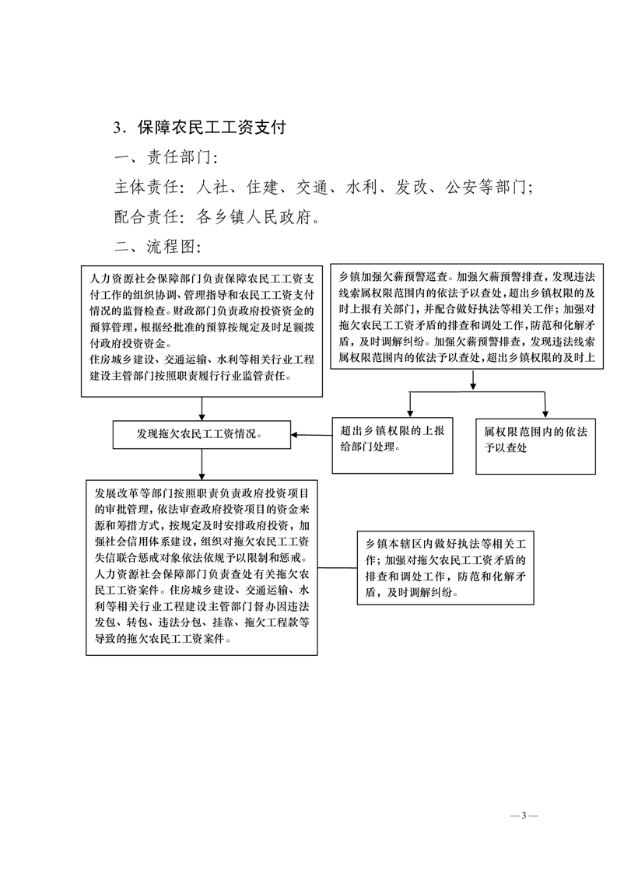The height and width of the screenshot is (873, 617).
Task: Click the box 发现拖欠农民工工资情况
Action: pos(202,434)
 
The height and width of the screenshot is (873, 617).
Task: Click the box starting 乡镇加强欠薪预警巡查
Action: pos(471,318)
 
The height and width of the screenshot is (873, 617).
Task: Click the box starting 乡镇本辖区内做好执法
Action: pos(446,567)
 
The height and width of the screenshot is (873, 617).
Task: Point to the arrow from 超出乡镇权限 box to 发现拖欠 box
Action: pos(311,435)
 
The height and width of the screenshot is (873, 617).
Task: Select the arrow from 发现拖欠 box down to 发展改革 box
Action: pos(202,464)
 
